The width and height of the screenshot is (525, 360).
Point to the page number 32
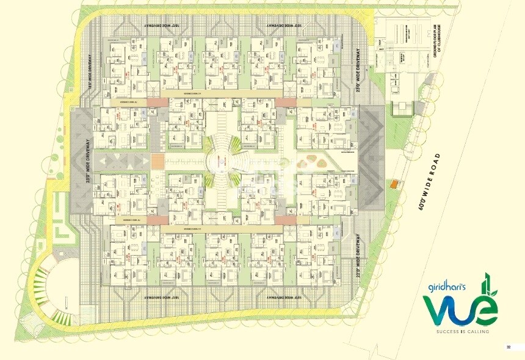[x=507, y=347]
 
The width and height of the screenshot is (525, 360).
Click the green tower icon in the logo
[x=487, y=285]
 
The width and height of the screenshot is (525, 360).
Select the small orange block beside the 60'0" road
[x=394, y=184]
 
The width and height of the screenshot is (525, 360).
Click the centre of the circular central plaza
[x=224, y=162]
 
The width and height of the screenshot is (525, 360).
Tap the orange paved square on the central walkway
[x=157, y=162]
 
